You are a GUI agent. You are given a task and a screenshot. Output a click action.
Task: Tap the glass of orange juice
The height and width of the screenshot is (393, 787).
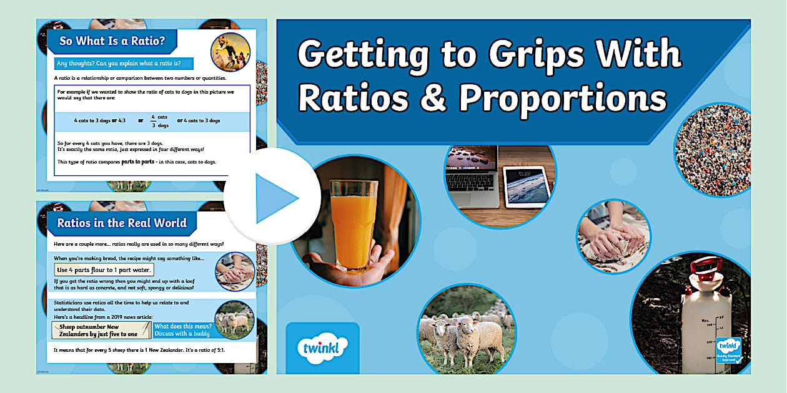click(352, 225)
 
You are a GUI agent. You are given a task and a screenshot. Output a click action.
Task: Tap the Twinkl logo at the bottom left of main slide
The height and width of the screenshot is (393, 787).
click(322, 347)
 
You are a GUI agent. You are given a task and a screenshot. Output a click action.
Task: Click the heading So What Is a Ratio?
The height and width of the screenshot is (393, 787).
click(112, 42)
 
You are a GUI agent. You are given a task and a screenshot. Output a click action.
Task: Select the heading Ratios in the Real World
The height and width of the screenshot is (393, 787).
click(122, 222)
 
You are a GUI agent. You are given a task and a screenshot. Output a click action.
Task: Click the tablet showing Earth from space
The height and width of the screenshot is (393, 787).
click(529, 186)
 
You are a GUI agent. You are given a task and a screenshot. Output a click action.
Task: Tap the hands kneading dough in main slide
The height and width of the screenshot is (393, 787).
click(613, 236)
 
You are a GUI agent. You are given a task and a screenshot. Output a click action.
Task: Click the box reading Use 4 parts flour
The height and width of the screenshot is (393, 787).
click(104, 270)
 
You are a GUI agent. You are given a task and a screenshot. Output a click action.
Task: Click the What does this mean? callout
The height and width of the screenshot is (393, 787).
click(183, 330)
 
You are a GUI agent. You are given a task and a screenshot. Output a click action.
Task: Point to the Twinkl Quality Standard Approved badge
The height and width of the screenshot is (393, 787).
click(729, 349)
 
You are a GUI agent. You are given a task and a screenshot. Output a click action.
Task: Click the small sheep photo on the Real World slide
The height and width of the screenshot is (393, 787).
click(234, 320)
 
